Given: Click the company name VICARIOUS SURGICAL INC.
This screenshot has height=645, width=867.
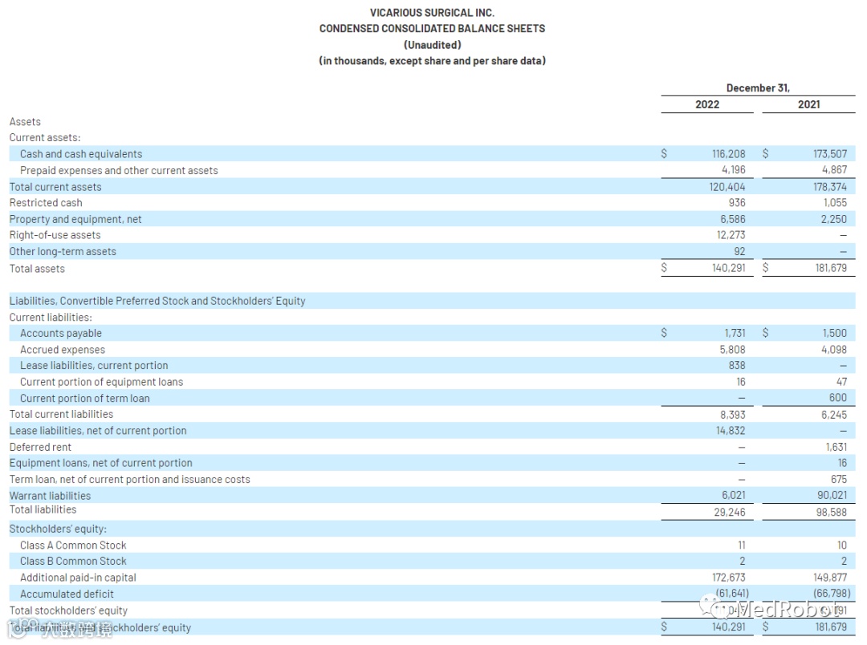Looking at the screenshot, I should click(x=432, y=12).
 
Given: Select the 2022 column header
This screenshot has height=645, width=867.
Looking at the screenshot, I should click(x=707, y=104).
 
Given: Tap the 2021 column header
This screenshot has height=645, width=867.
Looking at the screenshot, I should click(x=808, y=104).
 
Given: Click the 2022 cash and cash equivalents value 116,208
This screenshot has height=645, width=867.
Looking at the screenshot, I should click(x=729, y=154).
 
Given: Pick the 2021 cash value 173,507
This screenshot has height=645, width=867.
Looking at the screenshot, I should click(x=829, y=154).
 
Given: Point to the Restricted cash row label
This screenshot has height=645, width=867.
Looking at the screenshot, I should click(x=46, y=203).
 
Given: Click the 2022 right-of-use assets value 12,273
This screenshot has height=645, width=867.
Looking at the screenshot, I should click(x=731, y=235).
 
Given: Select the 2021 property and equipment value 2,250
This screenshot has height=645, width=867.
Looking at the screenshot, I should click(x=833, y=219).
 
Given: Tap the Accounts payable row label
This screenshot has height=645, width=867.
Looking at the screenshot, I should click(x=61, y=334).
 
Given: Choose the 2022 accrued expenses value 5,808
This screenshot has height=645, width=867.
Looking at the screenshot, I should click(x=732, y=350).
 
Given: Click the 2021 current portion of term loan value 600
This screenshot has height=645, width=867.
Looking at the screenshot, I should click(x=837, y=399).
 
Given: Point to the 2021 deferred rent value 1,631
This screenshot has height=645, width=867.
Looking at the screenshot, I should click(x=836, y=448).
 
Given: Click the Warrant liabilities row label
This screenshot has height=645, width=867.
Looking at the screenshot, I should click(x=50, y=496).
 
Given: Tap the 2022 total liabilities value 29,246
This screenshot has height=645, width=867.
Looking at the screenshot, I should click(x=729, y=512).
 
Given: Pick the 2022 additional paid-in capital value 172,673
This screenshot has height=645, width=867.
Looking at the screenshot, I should click(x=728, y=578).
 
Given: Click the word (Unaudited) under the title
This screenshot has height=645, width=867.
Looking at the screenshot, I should click(x=432, y=45).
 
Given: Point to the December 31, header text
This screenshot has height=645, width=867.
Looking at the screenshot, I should click(x=758, y=88).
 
